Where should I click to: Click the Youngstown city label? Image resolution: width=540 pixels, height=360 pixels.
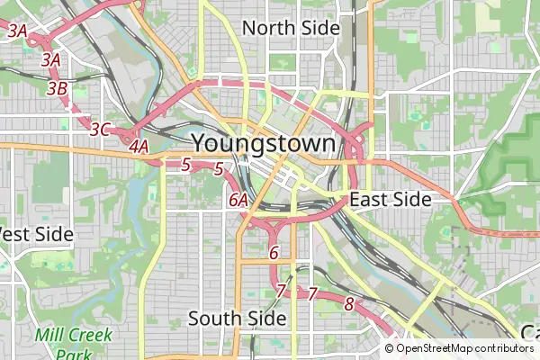265,143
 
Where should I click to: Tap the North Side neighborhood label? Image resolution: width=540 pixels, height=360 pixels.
291,28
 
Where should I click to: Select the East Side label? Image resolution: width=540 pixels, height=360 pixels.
391,200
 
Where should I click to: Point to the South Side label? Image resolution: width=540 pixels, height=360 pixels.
237,318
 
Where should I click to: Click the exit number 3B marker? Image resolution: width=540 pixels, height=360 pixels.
57,88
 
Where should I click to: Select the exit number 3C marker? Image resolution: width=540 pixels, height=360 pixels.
100,130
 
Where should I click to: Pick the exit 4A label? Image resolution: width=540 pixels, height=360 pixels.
139,146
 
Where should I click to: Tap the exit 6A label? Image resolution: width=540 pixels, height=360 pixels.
238,200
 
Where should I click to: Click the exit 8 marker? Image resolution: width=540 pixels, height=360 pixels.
349,304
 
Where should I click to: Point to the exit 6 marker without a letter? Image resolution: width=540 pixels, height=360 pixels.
274,253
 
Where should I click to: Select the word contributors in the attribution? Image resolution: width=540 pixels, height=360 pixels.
506,348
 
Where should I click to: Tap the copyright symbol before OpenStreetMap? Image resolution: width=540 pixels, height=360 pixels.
390,348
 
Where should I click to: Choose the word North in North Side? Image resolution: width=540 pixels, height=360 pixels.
268,28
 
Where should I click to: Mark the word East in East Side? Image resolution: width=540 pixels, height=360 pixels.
369,200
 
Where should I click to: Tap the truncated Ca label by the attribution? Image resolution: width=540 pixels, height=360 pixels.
530,333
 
